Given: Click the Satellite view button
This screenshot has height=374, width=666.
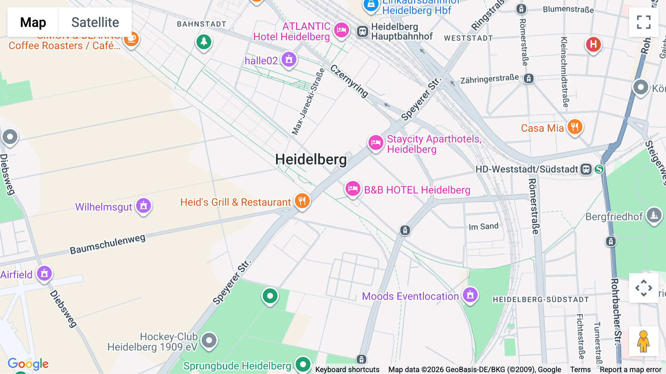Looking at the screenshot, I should (x=95, y=23).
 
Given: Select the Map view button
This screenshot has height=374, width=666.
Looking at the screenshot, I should (x=33, y=23).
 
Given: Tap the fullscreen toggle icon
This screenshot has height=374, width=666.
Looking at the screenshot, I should (x=643, y=22).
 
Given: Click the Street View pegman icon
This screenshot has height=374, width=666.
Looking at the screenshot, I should (x=643, y=341).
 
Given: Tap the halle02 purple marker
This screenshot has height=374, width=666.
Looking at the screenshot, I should (x=289, y=60).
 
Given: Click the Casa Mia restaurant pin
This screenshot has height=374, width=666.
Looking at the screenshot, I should (x=574, y=127).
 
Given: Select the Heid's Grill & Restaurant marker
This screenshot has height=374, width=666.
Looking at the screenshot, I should (x=302, y=201).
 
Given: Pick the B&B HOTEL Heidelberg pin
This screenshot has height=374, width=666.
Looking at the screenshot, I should (x=353, y=189).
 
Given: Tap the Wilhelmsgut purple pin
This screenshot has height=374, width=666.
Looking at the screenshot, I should (x=144, y=206).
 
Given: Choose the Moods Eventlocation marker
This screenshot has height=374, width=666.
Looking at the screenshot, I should (x=470, y=295).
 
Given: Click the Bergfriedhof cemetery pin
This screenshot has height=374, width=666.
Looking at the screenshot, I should (x=654, y=215).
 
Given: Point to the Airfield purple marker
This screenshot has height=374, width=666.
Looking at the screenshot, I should (x=44, y=274).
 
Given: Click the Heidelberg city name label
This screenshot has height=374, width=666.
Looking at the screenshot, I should (x=311, y=160).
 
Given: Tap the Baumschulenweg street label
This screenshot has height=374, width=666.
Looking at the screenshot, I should (x=108, y=244).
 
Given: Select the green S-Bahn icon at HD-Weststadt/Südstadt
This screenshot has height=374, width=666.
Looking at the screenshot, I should (x=599, y=169).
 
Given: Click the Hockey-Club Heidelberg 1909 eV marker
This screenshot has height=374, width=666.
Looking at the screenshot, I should (x=209, y=340).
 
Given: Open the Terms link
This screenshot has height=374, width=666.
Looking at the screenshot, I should (x=580, y=370).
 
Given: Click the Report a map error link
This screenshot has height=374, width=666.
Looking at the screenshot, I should (x=630, y=370).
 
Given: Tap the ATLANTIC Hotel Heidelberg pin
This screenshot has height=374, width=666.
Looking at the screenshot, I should (x=341, y=30).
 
